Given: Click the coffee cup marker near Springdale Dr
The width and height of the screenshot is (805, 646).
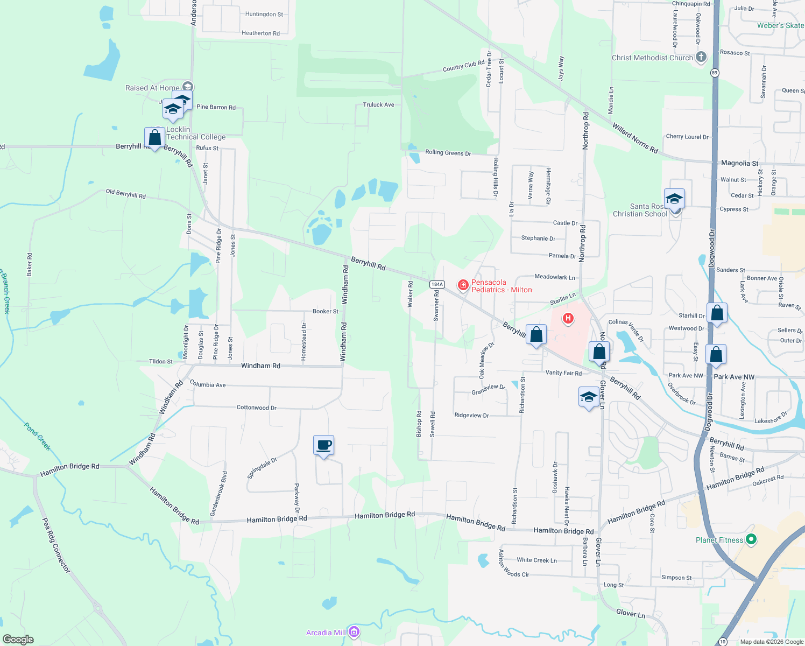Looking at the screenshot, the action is pos(323,446).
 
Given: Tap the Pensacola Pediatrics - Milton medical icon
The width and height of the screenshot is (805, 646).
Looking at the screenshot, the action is pos(463,285).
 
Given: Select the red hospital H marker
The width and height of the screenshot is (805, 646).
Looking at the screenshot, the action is pos(567,319).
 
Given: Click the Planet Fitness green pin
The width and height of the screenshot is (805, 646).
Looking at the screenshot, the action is pos(752,539).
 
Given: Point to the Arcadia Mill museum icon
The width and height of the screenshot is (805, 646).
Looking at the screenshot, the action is pos(354,632).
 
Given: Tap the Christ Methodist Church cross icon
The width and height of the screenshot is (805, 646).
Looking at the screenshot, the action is pos(701,57).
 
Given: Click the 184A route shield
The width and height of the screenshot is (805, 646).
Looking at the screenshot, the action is pos(436,284).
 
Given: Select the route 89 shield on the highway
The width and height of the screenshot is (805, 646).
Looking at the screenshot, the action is pos(715,73).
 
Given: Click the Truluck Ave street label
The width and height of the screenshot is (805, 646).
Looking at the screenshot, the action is pos(378,105).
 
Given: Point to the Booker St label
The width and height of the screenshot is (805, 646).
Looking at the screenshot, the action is pos(326,311).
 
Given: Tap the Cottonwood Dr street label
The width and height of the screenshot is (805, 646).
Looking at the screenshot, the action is pos(256,408).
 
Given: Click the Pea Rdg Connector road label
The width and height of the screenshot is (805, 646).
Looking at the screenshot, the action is pos(56,545).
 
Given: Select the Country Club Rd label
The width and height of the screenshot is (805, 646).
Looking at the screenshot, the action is pos(463,66).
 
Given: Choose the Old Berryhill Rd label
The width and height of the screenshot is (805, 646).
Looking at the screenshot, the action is pos(125,194).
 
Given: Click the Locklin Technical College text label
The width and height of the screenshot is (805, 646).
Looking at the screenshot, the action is pos(196,133).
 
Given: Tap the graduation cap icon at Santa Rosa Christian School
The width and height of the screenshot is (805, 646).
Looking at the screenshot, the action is pos(674,199).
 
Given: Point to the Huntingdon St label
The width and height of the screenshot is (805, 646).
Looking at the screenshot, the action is pos(264,15).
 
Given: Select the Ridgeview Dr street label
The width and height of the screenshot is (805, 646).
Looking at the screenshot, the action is pos(471,416).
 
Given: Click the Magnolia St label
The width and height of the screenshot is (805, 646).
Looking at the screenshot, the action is pos(739,163).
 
